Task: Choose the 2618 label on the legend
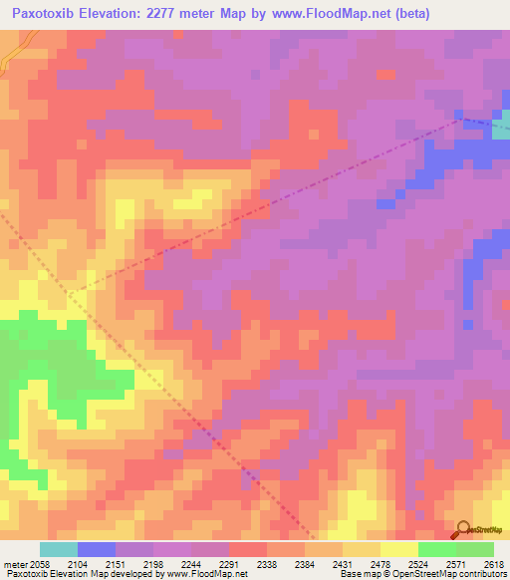492,564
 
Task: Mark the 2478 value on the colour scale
398,564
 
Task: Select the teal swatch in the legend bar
59,549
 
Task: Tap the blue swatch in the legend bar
97,549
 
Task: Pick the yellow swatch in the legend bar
398,549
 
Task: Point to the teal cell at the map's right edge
501,124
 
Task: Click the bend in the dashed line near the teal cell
459,120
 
